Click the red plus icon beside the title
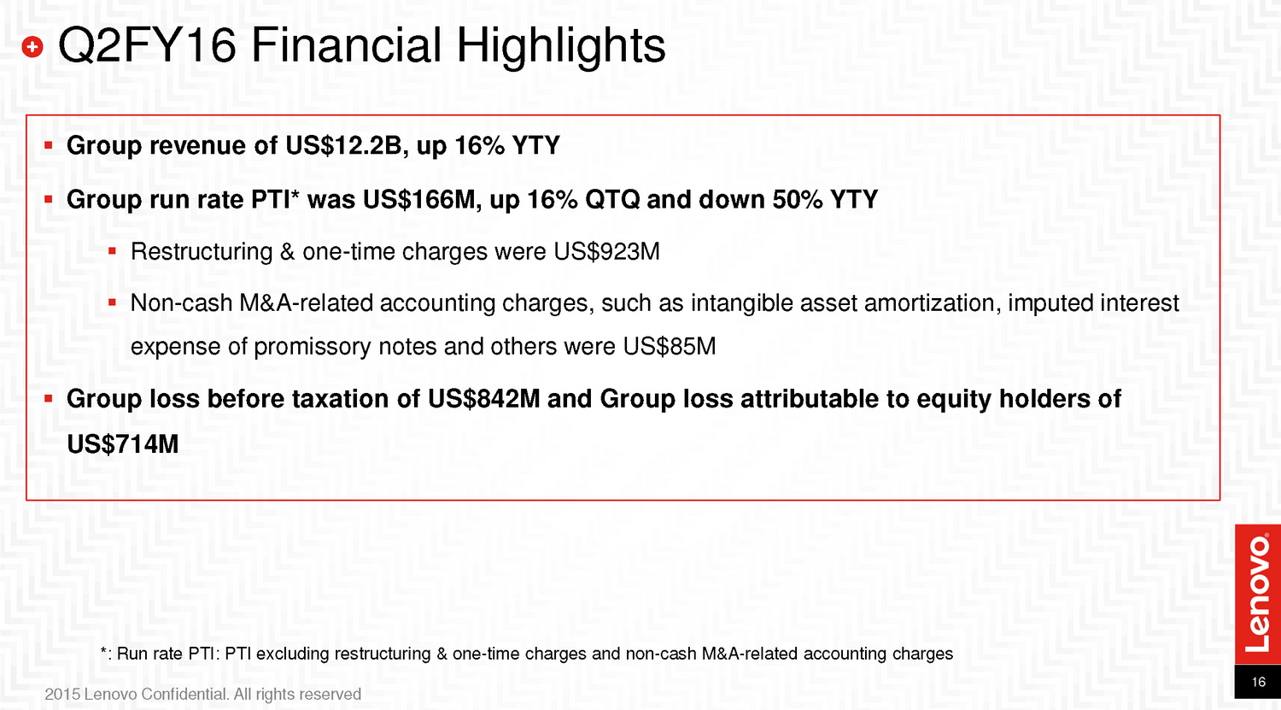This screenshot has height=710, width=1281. coord(32,47)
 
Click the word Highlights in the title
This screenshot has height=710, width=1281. coord(561,46)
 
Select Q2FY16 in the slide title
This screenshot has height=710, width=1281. coord(147,45)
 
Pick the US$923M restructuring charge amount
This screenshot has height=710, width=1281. coord(606,252)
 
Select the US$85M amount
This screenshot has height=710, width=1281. coord(669,347)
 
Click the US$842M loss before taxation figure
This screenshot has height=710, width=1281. coord(484,399)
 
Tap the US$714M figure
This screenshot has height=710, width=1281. coord(123,444)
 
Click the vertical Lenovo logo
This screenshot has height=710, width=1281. coord(1258,594)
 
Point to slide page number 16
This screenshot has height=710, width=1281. coord(1258,682)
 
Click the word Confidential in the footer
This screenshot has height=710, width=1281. coord(184,695)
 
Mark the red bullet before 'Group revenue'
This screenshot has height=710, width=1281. coord(48,145)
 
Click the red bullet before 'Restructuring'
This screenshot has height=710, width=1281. coord(112,251)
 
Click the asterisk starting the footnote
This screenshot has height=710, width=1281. coord(103,650)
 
